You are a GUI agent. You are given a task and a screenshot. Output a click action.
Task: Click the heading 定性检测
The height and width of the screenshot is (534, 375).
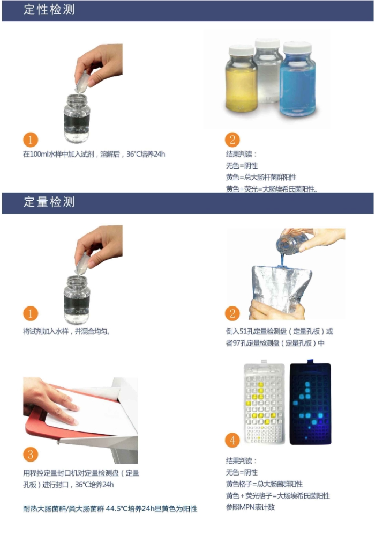[x=49, y=10]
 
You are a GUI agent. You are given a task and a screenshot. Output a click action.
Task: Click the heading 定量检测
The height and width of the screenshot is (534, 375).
[x=49, y=202]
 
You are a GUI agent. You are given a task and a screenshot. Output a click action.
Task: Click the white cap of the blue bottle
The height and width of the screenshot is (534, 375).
[x=297, y=47]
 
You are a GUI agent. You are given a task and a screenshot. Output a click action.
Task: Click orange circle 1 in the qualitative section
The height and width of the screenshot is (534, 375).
[x=30, y=140]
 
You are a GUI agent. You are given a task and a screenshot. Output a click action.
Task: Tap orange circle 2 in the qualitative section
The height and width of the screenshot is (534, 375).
[x=232, y=140]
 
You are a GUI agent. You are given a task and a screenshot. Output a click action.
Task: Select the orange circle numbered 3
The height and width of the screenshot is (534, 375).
[x=30, y=455]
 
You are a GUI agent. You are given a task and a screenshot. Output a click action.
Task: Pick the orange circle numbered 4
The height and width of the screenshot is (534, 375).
[x=232, y=440]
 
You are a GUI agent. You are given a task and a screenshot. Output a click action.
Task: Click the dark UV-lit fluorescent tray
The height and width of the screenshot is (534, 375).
[x=310, y=403]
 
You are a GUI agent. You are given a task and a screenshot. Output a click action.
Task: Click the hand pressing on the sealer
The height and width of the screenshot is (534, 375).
[x=51, y=402]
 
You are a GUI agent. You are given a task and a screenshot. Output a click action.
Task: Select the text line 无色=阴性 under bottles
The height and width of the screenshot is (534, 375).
[x=242, y=166]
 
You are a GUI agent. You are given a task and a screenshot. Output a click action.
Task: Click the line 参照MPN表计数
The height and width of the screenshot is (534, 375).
[x=250, y=507]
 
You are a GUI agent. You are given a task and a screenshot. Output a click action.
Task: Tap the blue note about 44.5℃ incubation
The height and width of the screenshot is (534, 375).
[x=110, y=509]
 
